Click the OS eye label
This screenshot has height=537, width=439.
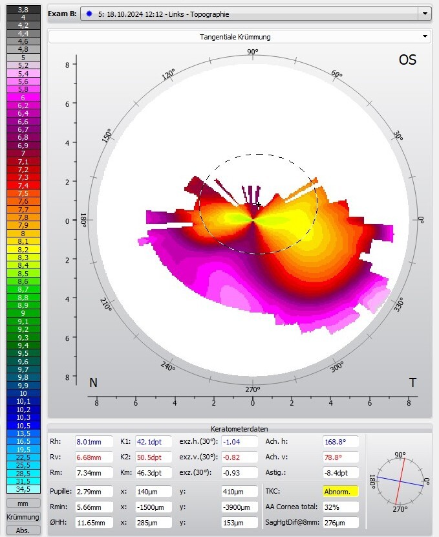click(x=407, y=60)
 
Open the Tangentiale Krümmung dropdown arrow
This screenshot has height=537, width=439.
click(x=425, y=37)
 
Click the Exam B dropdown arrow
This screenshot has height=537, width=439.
click(x=425, y=14)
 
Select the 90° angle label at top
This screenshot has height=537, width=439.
click(x=252, y=52)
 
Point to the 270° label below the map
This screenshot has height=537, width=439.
click(x=252, y=389)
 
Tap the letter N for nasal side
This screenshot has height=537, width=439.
click(x=94, y=382)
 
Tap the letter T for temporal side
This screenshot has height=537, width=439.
click(x=412, y=382)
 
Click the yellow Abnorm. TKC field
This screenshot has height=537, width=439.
click(x=340, y=491)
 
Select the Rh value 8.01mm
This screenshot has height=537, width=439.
click(x=92, y=442)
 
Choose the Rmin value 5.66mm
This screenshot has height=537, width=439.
click(x=92, y=507)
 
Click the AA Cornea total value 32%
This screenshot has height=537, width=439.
click(x=340, y=507)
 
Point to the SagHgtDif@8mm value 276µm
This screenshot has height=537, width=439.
click(x=340, y=522)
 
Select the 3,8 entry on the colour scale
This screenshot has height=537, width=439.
click(x=23, y=10)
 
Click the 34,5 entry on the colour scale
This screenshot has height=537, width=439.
click(x=23, y=489)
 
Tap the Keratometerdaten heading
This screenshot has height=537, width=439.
click(x=239, y=428)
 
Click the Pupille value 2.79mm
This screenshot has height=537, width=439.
click(x=92, y=491)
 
